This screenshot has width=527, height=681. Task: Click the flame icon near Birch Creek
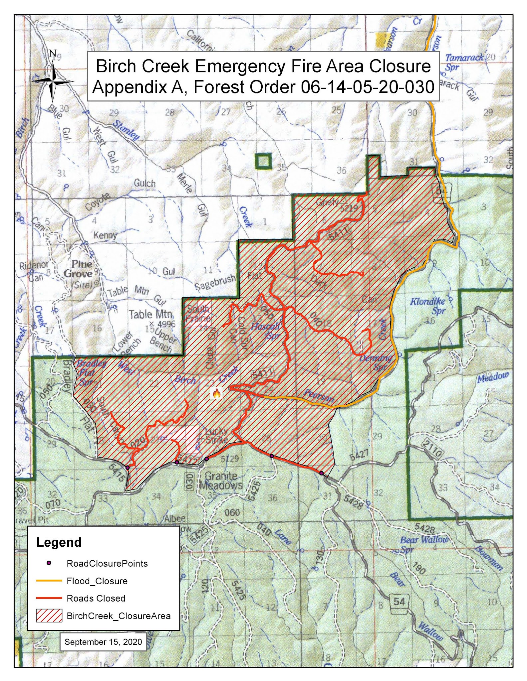217,394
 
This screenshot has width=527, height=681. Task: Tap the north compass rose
53,81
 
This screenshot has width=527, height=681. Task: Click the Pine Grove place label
79,269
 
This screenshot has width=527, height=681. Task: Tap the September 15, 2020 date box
103,642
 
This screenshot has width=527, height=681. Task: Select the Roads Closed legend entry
96,598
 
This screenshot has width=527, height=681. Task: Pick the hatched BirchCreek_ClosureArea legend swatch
49,616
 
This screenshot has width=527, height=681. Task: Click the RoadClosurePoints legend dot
49,563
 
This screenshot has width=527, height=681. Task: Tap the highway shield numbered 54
399,601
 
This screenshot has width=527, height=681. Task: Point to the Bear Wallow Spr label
423,544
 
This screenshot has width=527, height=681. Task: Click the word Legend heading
59,542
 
